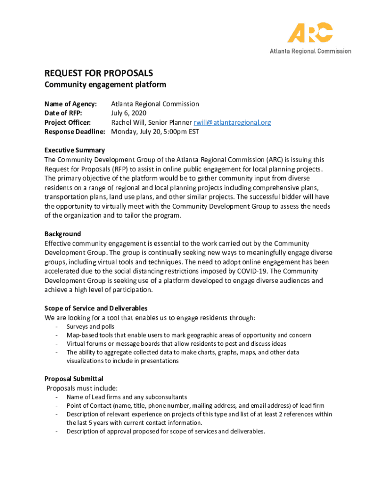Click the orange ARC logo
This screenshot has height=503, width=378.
pos(310,33)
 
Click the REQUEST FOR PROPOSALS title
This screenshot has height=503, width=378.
pos(99,73)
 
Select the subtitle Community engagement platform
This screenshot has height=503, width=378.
pos(105,84)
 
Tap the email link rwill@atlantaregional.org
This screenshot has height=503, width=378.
pos(232,122)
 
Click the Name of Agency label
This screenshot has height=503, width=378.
pos(71,104)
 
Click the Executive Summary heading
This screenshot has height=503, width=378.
pos(75,150)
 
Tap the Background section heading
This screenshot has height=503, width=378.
pos(63,234)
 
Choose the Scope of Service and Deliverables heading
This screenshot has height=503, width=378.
pos(96,308)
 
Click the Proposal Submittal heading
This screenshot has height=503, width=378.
pos(74,379)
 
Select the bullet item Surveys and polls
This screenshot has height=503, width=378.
pos(90,327)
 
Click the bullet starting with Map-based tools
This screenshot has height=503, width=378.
pos(189,335)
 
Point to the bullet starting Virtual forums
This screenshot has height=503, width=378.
pos(176,344)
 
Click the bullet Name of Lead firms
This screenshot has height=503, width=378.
pos(127,397)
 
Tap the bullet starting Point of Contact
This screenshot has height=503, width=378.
pos(195,406)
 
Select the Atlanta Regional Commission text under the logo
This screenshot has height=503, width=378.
pos(310,51)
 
